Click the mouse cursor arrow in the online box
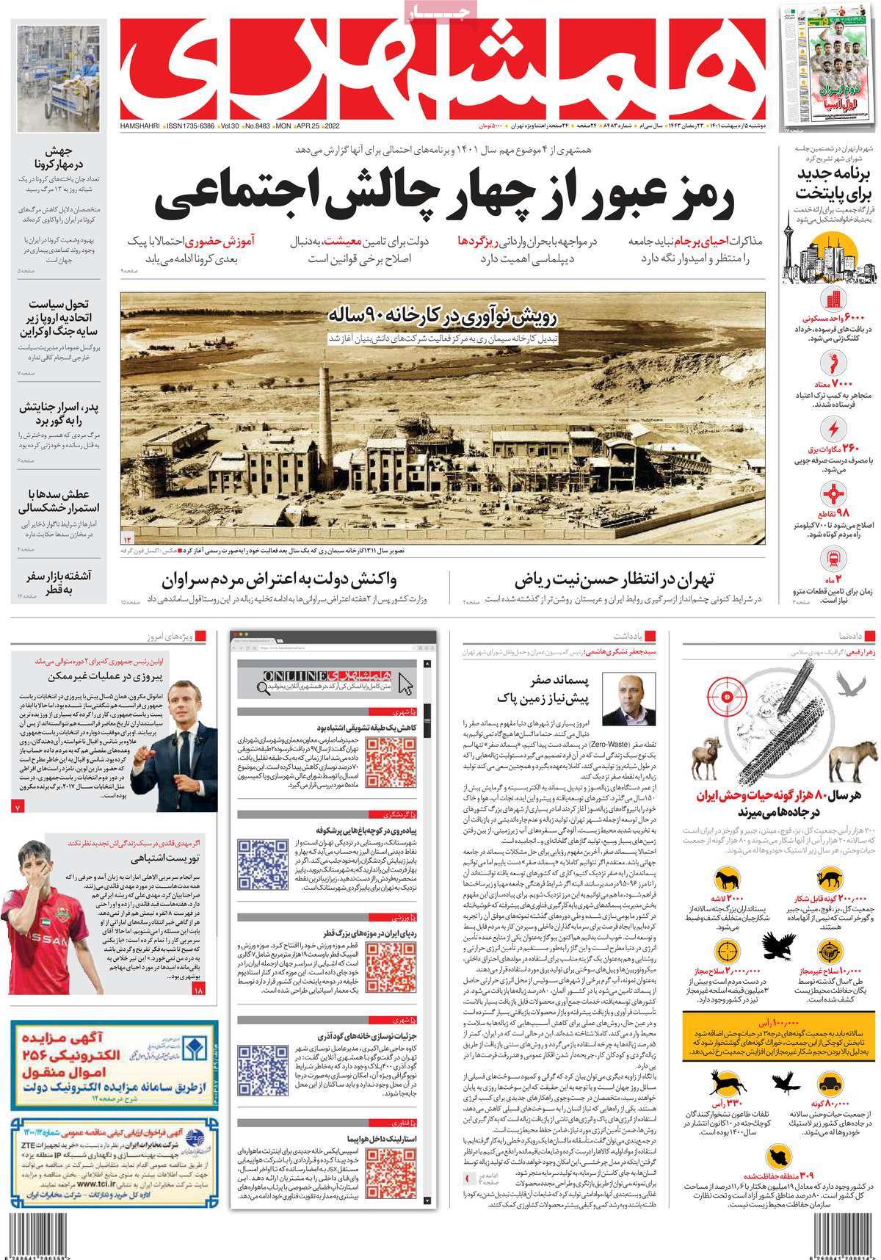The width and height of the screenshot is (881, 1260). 405,684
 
